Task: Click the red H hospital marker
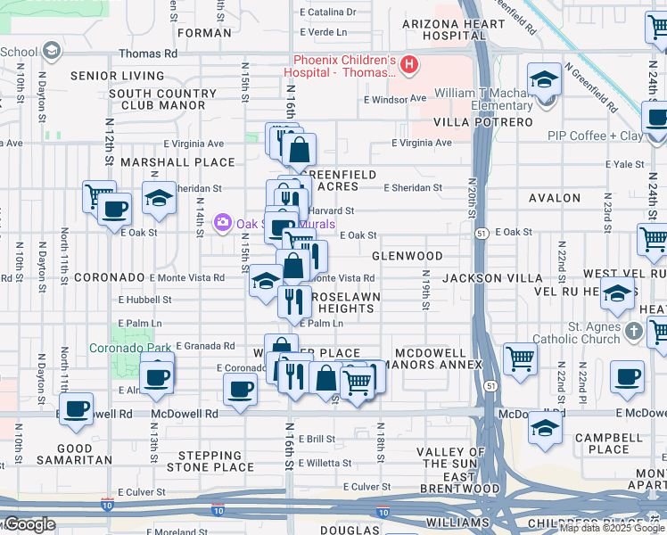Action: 409,64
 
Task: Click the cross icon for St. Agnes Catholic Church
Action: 633,332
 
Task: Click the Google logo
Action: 29,524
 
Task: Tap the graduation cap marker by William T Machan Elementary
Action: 544,80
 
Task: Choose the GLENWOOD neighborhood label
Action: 408,256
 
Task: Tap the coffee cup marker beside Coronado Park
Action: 157,375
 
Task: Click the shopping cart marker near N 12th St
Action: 98,195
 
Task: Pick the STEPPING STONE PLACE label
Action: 210,461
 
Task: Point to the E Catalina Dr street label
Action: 327,12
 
